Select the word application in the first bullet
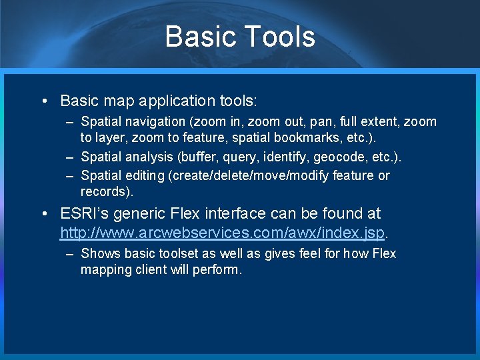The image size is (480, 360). [176, 101]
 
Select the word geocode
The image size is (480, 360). [339, 157]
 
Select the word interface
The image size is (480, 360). [239, 213]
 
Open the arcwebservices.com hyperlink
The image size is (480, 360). [223, 233]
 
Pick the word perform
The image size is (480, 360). [218, 270]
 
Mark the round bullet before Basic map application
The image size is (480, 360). [43, 101]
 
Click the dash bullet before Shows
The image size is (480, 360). [70, 254]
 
